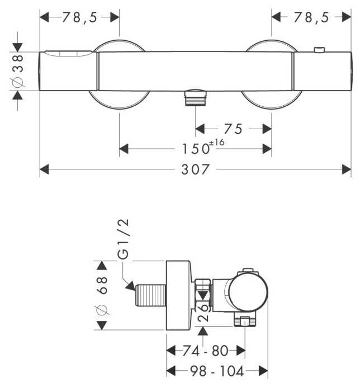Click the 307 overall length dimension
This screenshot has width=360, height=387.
pos(195,169)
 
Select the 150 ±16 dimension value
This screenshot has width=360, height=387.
pos(203,147)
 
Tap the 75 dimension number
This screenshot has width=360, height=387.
pos(233,129)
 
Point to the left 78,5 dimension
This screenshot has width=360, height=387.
pos(79,17)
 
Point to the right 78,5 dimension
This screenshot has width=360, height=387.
pos(311,17)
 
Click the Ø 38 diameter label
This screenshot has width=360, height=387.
pos(18,71)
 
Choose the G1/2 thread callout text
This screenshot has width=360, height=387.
pos(123,239)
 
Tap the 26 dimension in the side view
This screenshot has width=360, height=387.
pos(203,313)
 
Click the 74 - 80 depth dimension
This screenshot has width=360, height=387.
pos(205,351)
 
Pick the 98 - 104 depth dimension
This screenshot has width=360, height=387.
pos(217,371)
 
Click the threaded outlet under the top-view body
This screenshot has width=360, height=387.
pos(196,98)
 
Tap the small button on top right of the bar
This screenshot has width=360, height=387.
pos(319,50)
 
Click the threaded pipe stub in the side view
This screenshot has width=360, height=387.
pos(150,295)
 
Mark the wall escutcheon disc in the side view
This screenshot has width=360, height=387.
pos(178,295)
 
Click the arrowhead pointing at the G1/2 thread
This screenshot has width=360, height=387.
pos(130,286)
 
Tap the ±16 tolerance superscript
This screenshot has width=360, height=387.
pos(217,143)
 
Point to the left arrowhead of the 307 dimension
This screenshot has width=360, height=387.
pos(44,169)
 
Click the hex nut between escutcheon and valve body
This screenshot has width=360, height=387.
pos(203,295)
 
